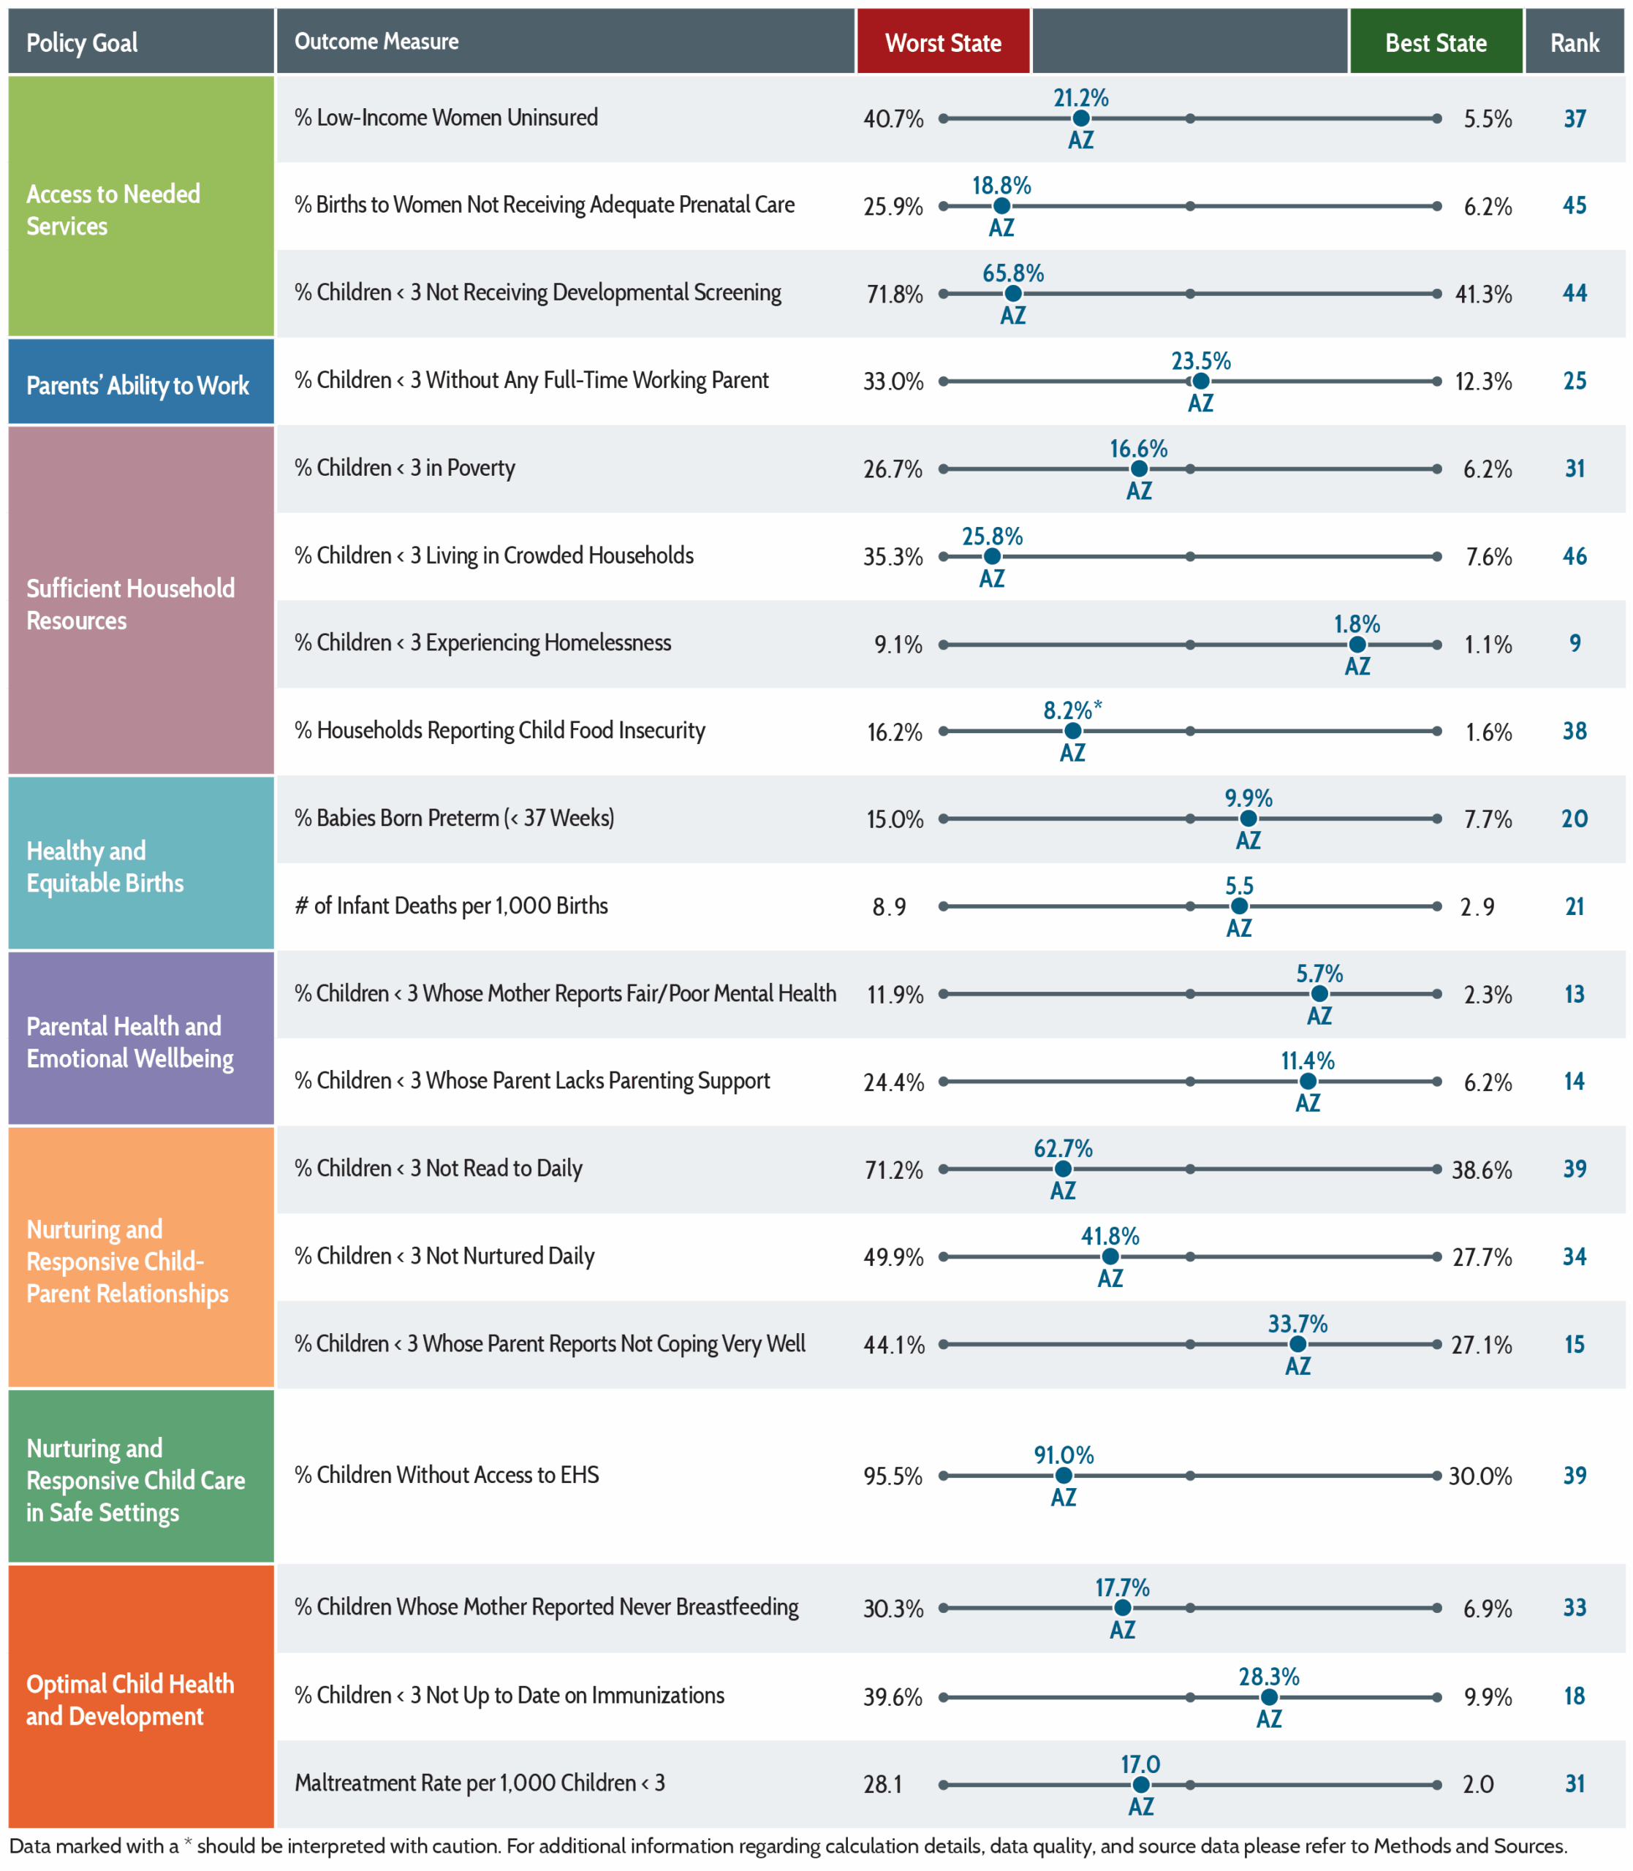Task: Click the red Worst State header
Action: pyautogui.click(x=943, y=42)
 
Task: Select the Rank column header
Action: pyautogui.click(x=1575, y=42)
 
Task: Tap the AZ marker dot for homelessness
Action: pyautogui.click(x=1357, y=644)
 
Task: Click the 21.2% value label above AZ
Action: pyautogui.click(x=1081, y=97)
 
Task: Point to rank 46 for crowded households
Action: pyautogui.click(x=1575, y=555)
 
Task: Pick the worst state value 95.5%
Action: pyautogui.click(x=893, y=1476)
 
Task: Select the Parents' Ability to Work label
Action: pyautogui.click(x=137, y=385)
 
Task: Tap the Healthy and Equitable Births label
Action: pyautogui.click(x=105, y=866)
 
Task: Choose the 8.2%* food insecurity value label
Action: pyautogui.click(x=1072, y=710)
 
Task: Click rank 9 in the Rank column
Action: pyautogui.click(x=1575, y=643)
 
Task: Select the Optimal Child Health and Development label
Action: pyautogui.click(x=130, y=1700)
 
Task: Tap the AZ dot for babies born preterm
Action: pyautogui.click(x=1249, y=819)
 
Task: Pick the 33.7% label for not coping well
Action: pyautogui.click(x=1297, y=1324)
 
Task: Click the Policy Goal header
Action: pyautogui.click(x=82, y=42)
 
